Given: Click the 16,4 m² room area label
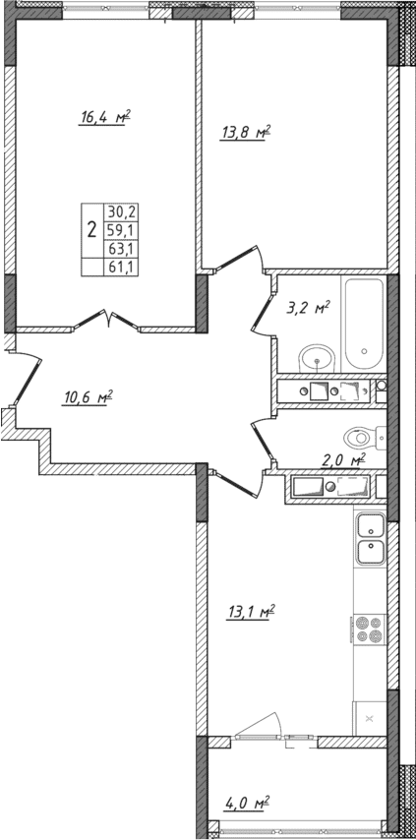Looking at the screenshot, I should [105, 117].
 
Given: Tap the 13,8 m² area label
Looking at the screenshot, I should [244, 131].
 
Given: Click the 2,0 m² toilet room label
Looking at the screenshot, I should [344, 458].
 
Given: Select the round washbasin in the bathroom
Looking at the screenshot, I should [317, 356].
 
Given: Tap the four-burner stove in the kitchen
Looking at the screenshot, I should [369, 629].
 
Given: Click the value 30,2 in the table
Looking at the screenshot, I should [123, 210].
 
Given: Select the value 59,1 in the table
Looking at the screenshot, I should [123, 229].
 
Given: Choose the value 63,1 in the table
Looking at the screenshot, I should [123, 248].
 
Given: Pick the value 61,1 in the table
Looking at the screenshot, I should [123, 267].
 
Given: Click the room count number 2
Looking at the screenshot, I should [91, 230].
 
